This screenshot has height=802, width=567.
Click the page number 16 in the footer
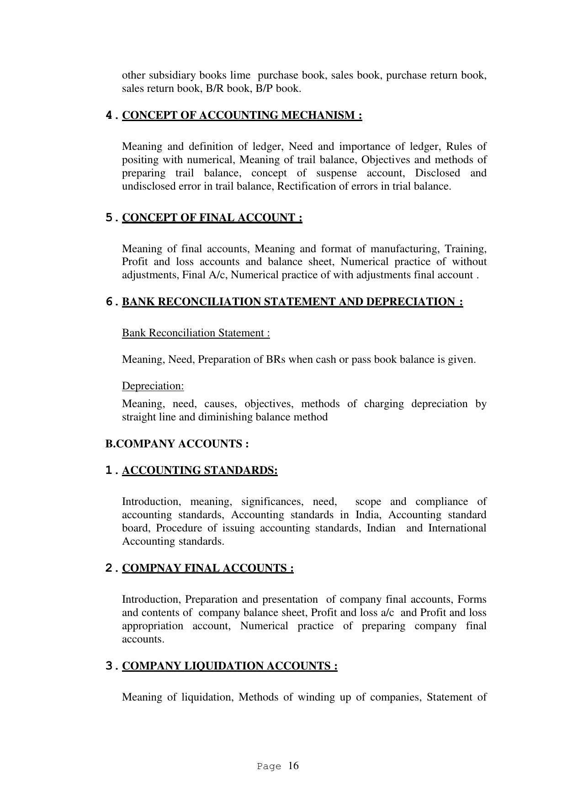[x=293, y=766]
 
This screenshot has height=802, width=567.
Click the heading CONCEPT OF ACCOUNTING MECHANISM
[x=242, y=115]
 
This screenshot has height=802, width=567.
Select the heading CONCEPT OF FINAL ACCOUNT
[x=212, y=218]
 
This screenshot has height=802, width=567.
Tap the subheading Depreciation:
[x=153, y=386]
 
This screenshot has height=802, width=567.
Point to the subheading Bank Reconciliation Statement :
[x=196, y=333]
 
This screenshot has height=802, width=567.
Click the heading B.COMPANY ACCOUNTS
[x=177, y=444]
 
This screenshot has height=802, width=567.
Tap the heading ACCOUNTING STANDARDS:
[x=200, y=470]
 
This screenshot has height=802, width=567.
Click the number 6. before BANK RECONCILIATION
[x=111, y=302]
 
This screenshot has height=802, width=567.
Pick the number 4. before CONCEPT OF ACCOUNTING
[x=111, y=115]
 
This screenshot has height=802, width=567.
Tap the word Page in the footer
[x=269, y=767]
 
